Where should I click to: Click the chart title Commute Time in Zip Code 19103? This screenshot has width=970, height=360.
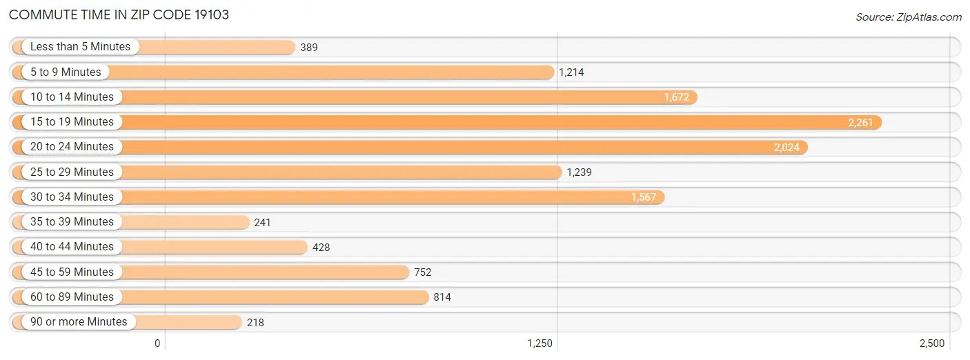[119, 14]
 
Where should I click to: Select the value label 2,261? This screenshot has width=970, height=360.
[860, 122]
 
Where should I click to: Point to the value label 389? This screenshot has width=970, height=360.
[309, 48]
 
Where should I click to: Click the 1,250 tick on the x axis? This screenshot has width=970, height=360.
[540, 343]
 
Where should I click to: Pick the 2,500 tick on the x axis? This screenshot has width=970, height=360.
[931, 343]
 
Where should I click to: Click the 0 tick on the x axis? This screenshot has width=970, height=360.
[157, 343]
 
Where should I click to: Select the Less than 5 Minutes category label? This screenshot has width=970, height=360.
[80, 47]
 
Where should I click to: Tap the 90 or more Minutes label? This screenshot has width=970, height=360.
[79, 321]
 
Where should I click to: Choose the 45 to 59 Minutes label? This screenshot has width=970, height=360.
[72, 272]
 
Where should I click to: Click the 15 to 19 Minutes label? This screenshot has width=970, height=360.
[72, 122]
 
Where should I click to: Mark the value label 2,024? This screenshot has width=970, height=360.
[786, 147]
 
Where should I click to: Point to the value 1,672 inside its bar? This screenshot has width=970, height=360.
[676, 97]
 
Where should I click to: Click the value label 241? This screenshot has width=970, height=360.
[262, 222]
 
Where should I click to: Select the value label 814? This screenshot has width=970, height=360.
[442, 297]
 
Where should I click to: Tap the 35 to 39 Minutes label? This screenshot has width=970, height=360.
[72, 222]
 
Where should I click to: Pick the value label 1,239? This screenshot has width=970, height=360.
[579, 172]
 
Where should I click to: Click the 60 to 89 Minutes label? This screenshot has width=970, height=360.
[72, 297]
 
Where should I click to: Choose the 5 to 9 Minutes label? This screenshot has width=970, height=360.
[66, 72]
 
